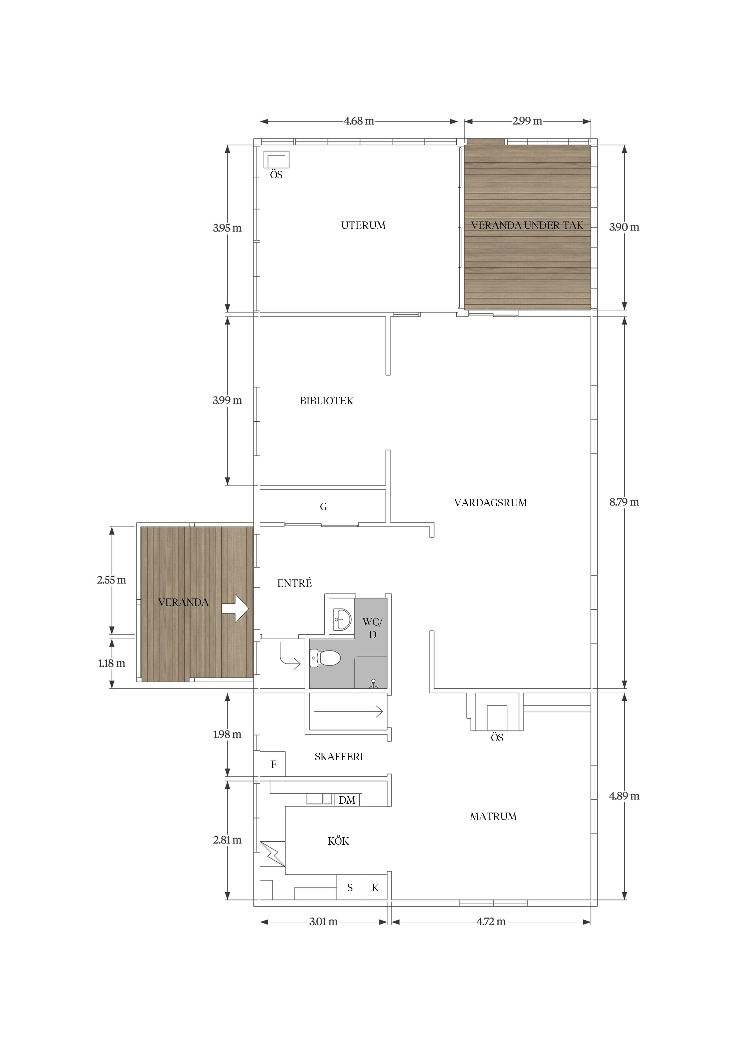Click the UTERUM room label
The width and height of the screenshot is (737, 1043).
pos(363,225)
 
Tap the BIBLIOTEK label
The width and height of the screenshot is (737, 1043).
pos(327,401)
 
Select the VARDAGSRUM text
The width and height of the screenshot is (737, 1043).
pos(490,502)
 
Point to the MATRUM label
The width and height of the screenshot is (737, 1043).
pos(493,816)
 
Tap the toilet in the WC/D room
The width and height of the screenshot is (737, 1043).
pos(325,658)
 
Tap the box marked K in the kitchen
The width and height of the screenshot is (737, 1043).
pos(375,887)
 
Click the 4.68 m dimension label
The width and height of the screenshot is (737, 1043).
pos(359,121)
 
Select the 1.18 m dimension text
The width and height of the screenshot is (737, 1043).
pos(112,663)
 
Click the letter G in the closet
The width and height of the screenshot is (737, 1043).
pos(323,507)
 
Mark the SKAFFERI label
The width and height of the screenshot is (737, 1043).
pos(339,757)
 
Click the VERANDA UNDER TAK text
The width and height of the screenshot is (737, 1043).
pos(527,225)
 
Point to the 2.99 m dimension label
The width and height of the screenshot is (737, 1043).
pos(527,121)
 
